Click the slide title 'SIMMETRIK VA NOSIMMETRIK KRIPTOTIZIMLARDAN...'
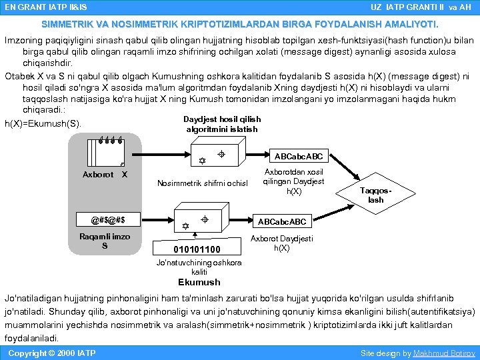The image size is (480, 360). click(x=240, y=24)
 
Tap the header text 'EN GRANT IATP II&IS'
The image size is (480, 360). click(x=45, y=7)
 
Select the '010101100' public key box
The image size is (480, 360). click(x=196, y=249)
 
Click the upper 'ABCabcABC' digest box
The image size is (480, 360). click(x=299, y=157)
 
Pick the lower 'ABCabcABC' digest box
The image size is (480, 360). click(x=281, y=221)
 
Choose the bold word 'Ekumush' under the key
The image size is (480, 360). click(x=199, y=282)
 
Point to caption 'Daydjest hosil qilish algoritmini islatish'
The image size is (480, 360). click(x=222, y=124)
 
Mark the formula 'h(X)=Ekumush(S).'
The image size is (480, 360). click(x=43, y=123)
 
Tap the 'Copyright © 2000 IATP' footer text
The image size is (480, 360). click(x=51, y=353)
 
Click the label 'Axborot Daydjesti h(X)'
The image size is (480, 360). click(x=282, y=243)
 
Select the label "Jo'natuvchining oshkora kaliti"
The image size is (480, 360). click(x=199, y=267)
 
